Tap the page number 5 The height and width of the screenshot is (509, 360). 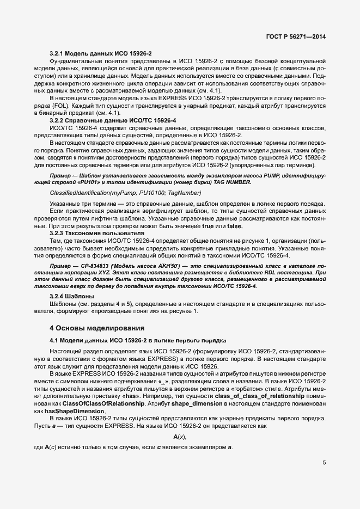pyautogui.click(x=324, y=463)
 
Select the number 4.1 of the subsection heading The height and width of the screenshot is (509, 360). pyautogui.click(x=55, y=340)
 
